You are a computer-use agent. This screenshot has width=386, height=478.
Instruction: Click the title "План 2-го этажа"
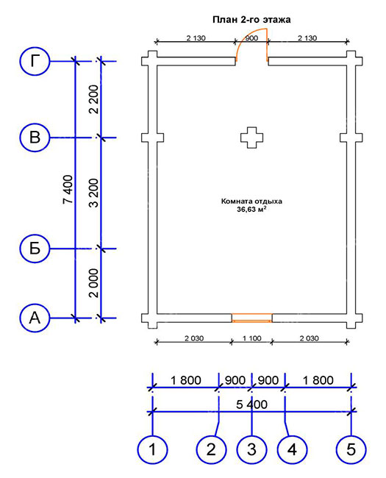251,20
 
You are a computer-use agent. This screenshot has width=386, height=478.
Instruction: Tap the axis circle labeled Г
35,61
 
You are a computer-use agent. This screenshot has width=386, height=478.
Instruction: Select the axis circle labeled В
35,138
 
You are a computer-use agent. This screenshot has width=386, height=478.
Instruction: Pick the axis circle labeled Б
35,249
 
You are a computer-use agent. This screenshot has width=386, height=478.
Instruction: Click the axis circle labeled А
35,318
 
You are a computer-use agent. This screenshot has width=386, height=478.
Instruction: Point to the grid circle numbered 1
152,449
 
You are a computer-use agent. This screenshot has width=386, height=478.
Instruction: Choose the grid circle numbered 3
251,449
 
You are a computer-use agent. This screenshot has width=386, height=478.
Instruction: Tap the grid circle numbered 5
351,449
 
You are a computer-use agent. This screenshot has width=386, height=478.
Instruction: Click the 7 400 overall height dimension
68,189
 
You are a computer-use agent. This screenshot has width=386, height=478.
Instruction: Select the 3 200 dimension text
94,193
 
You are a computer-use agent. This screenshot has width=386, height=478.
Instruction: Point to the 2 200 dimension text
94,99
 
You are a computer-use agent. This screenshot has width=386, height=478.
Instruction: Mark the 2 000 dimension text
94,283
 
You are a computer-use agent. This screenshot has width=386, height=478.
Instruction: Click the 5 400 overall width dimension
252,404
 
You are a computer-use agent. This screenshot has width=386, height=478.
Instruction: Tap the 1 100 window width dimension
252,338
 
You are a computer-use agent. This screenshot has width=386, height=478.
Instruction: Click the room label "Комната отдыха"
251,201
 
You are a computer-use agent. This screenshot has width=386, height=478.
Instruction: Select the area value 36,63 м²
251,209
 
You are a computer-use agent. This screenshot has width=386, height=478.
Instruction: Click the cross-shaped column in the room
252,138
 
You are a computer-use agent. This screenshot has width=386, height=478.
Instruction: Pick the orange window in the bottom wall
252,318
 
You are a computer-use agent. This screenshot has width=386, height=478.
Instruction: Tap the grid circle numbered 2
211,449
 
